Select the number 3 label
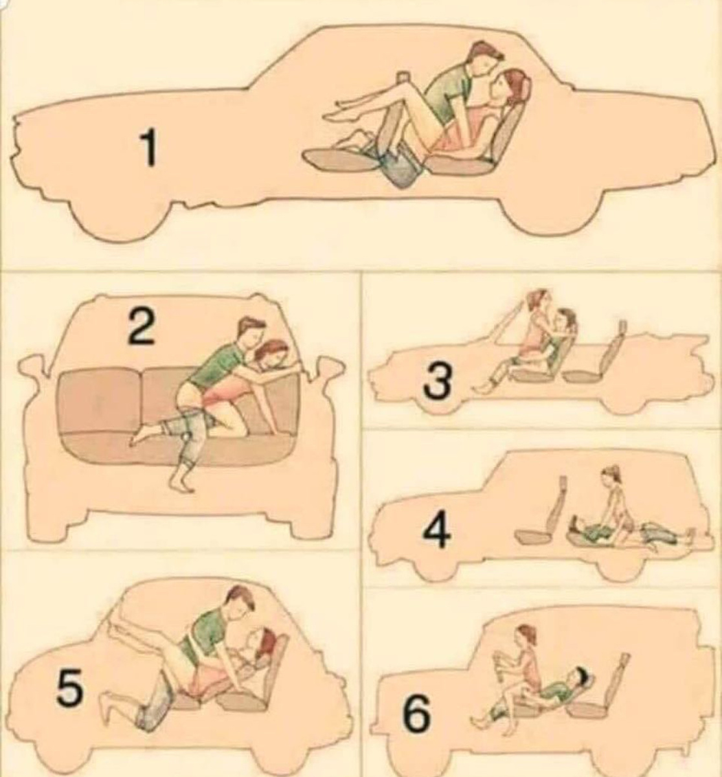436,382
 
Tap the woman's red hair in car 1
518,81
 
